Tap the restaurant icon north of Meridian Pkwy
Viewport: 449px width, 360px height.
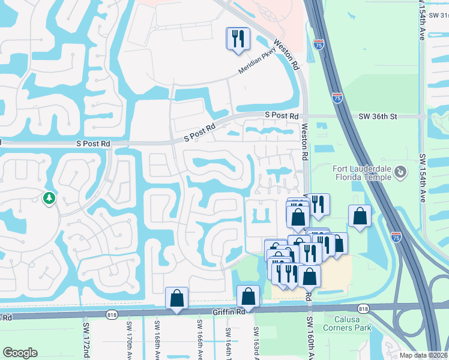(x=238, y=39)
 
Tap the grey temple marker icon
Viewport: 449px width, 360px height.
(x=400, y=173)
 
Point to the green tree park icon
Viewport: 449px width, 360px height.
(x=48, y=197)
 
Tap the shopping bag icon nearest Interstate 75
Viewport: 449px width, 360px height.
(x=359, y=217)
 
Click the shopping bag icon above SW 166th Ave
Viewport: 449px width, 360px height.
(x=177, y=298)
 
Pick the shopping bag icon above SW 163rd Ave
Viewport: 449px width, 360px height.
(x=248, y=296)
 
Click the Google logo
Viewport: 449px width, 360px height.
(x=20, y=353)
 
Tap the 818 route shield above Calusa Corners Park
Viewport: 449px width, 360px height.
(x=363, y=308)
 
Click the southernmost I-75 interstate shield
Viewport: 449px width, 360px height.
(x=396, y=237)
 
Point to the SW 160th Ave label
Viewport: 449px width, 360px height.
(x=310, y=339)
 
